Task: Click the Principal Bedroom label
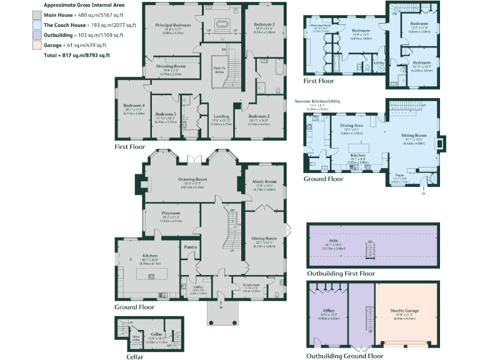173,25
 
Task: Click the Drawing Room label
192,179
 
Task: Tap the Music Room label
264,182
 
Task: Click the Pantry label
191,247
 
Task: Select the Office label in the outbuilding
329,310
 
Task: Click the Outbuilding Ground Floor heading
345,356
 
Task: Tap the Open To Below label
219,69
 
